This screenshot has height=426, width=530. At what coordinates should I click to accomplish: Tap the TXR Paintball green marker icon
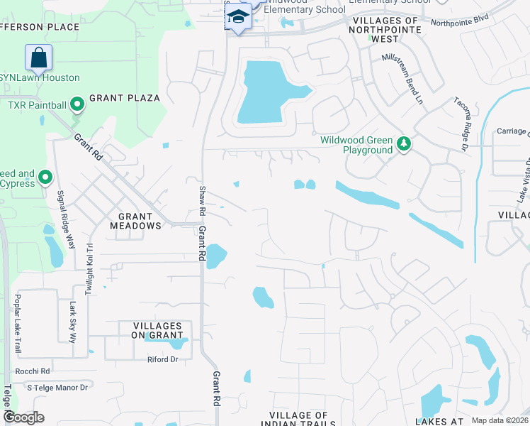pyautogui.click(x=77, y=106)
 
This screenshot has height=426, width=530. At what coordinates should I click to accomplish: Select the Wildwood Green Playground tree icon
pyautogui.click(x=404, y=145)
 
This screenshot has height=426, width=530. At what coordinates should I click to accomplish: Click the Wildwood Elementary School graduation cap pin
pyautogui.click(x=239, y=18)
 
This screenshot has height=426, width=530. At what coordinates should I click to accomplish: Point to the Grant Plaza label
pyautogui.click(x=125, y=98)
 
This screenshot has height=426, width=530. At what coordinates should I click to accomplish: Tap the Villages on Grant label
pyautogui.click(x=157, y=331)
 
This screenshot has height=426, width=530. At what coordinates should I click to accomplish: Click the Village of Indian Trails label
pyautogui.click(x=298, y=420)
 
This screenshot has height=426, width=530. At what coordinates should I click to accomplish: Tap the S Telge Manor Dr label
pyautogui.click(x=57, y=388)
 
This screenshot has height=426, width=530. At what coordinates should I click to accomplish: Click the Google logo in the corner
pyautogui.click(x=24, y=417)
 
